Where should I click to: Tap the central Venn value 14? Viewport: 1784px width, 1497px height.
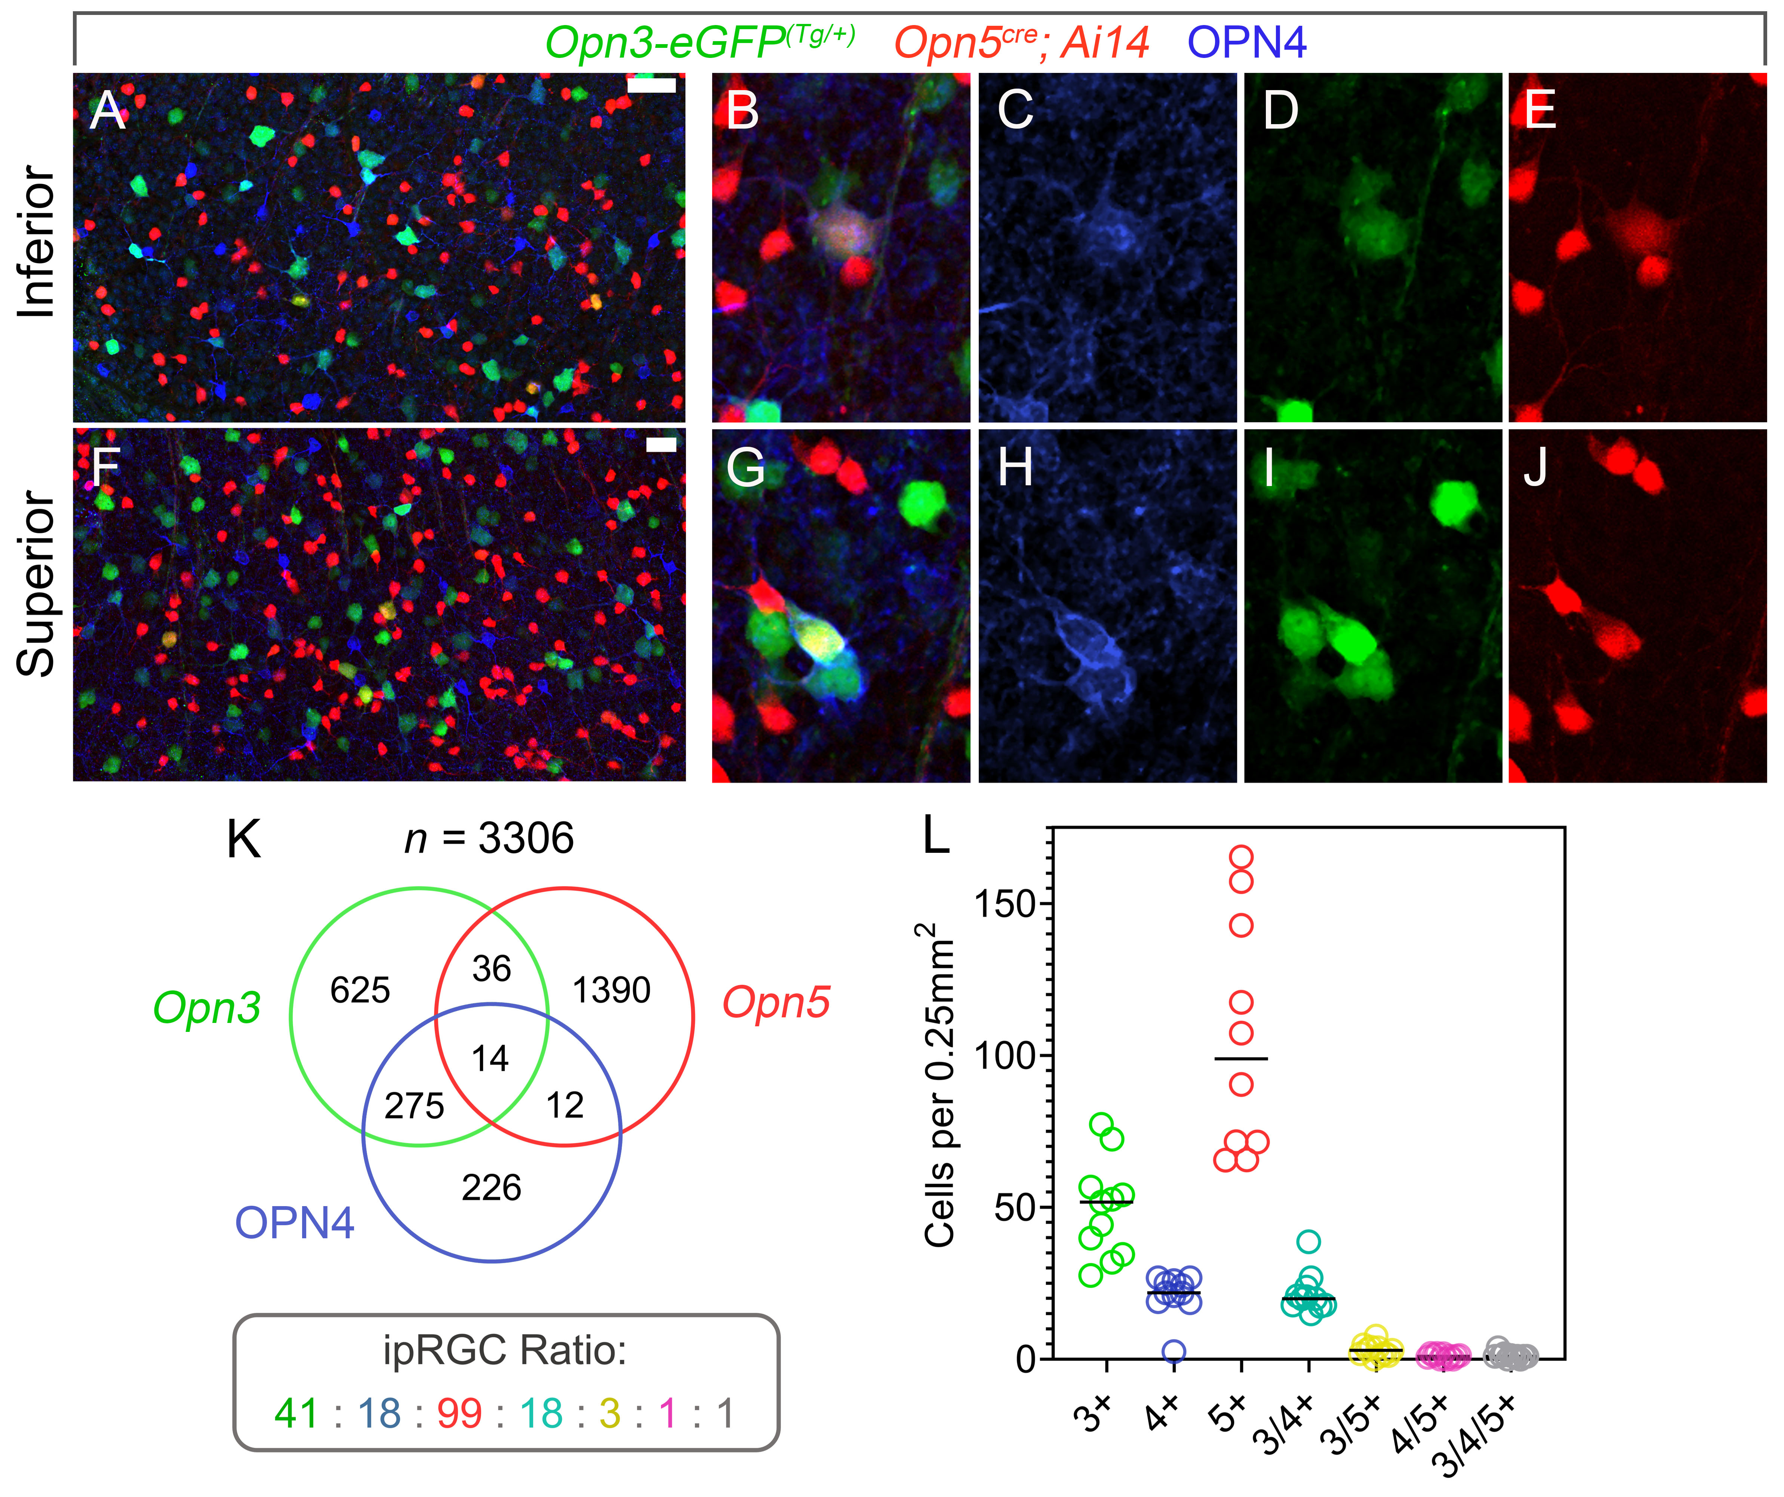[490, 1058]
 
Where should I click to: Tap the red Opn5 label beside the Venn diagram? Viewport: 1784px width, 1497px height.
[776, 1002]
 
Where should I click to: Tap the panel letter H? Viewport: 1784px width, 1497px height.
[1015, 467]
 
